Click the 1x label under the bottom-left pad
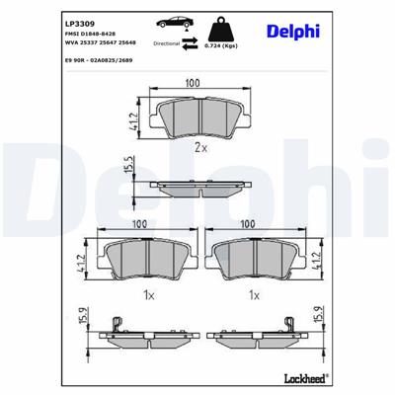coord(145,294)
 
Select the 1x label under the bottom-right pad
coord(254,294)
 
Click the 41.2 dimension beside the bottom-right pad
coord(315,263)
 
